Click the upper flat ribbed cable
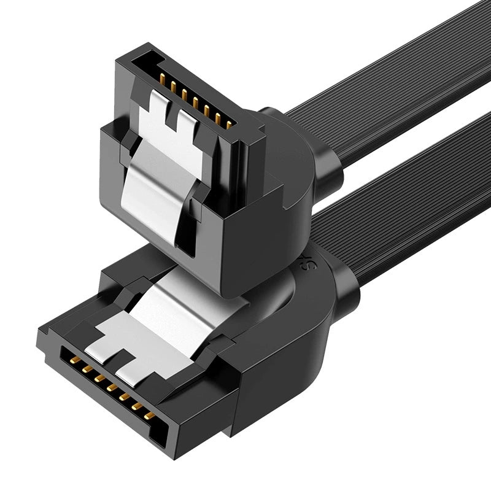(x=381, y=68)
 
